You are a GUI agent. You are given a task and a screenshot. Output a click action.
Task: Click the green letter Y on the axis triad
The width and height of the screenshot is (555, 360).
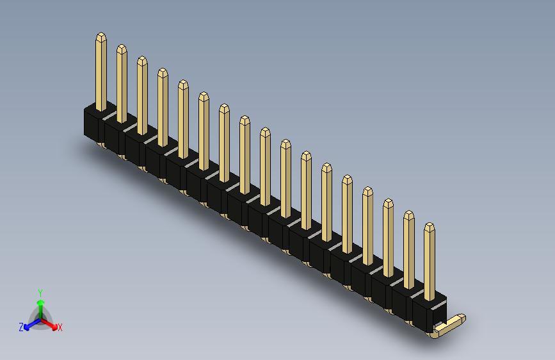pos(40,293)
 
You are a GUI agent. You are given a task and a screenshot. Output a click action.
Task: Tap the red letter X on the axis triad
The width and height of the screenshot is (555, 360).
pos(60,328)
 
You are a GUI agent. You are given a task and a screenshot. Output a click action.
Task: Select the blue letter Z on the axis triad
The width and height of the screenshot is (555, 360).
pos(21,327)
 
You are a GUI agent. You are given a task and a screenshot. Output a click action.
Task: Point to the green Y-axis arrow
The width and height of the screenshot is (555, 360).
pos(41,309)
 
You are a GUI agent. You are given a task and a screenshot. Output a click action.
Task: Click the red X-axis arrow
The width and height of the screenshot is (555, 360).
pos(49,324)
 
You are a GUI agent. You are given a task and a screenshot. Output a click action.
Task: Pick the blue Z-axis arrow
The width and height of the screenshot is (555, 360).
pos(33,323)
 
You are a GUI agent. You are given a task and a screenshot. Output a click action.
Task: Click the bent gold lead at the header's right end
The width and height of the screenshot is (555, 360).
pos(449,325)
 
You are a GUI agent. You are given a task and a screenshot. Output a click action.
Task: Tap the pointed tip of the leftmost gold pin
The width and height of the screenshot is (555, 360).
pos(101,33)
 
